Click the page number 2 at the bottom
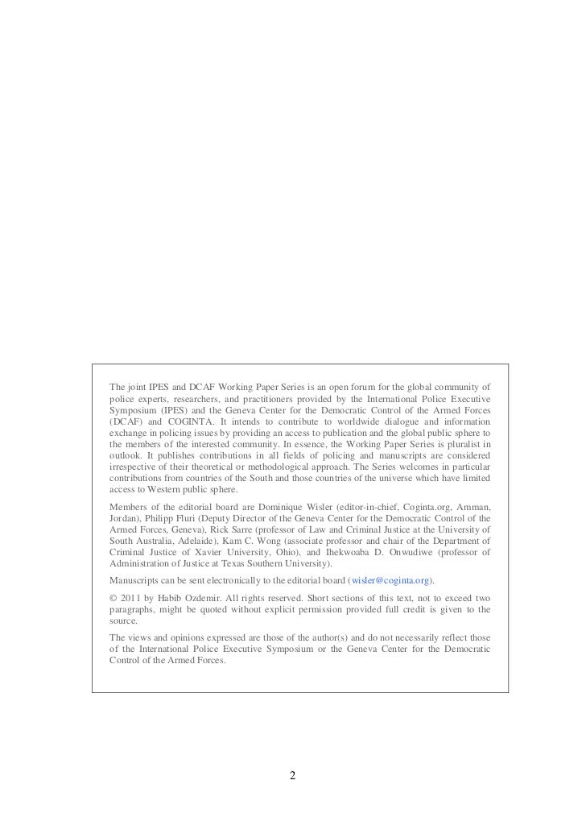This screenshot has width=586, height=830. pos(293,776)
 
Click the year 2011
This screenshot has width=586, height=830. pos(130,597)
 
